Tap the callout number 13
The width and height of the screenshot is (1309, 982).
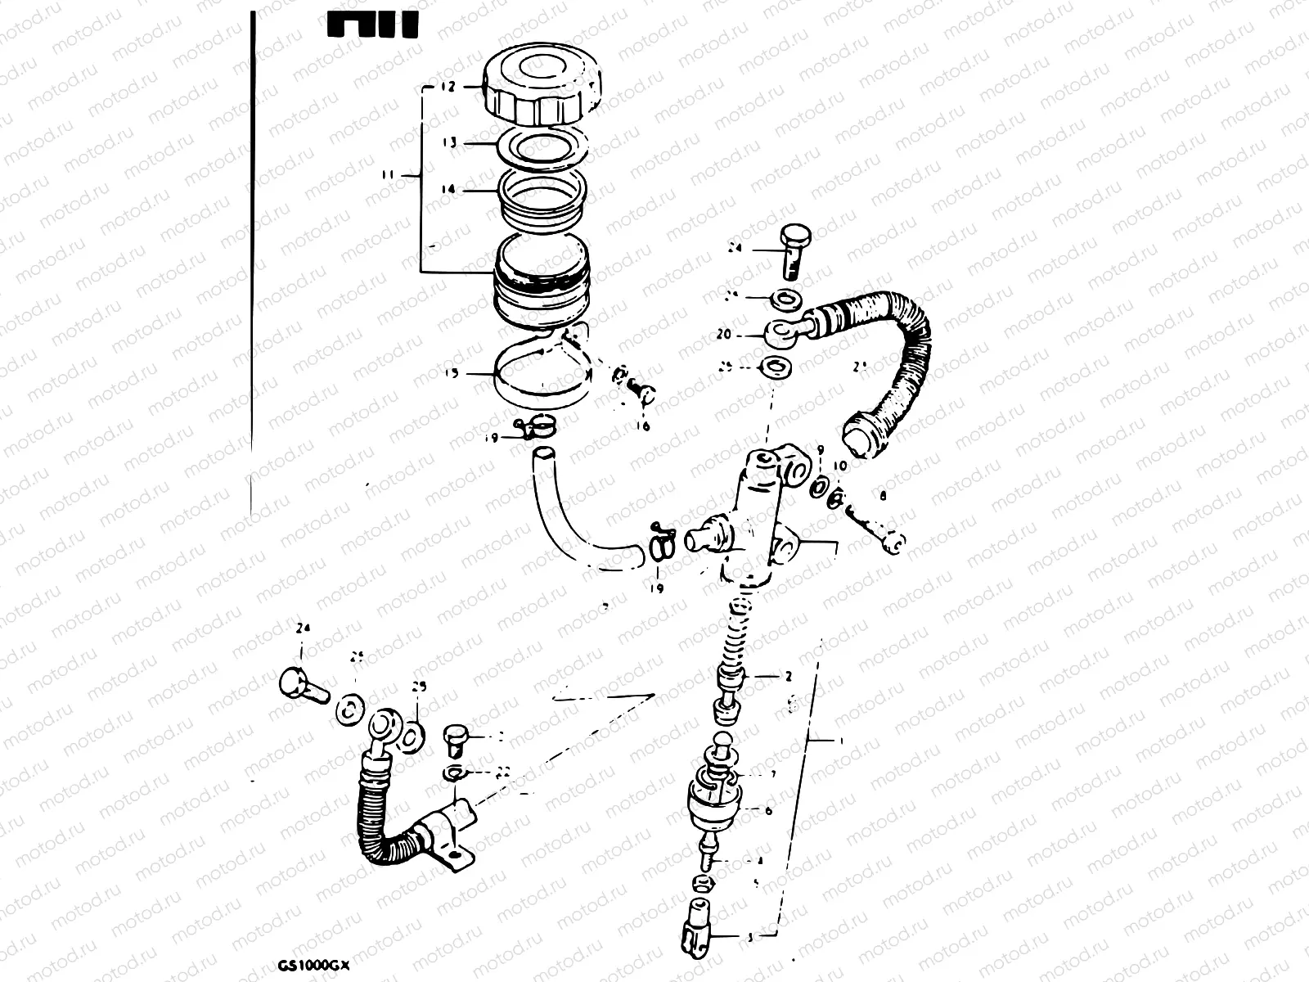point(448,143)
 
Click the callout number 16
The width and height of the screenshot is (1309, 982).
point(641,426)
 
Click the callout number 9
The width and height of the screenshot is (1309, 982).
point(819,450)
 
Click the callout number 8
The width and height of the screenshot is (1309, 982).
point(884,495)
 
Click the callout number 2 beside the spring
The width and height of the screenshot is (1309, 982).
point(788,677)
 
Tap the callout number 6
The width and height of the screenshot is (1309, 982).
point(767,811)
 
